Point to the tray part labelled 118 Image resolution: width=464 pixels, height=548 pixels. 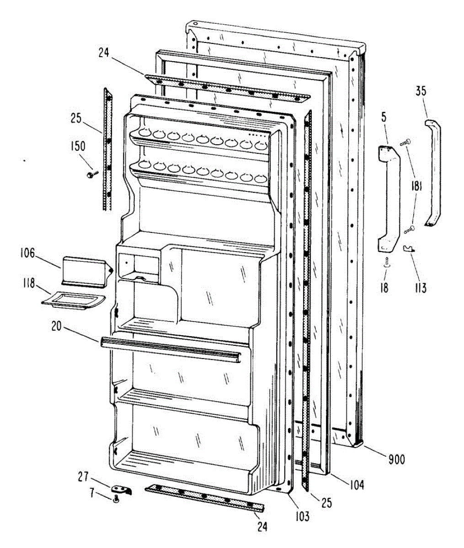[x=73, y=302]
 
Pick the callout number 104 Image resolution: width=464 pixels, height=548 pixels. [x=355, y=485]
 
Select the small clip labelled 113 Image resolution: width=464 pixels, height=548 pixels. [x=409, y=249]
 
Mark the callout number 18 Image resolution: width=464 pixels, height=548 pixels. [x=384, y=288]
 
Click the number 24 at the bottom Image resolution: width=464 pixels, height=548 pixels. [x=261, y=527]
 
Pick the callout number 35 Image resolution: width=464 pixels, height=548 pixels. [x=421, y=91]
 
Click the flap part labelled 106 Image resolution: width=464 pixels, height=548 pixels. [x=85, y=270]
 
